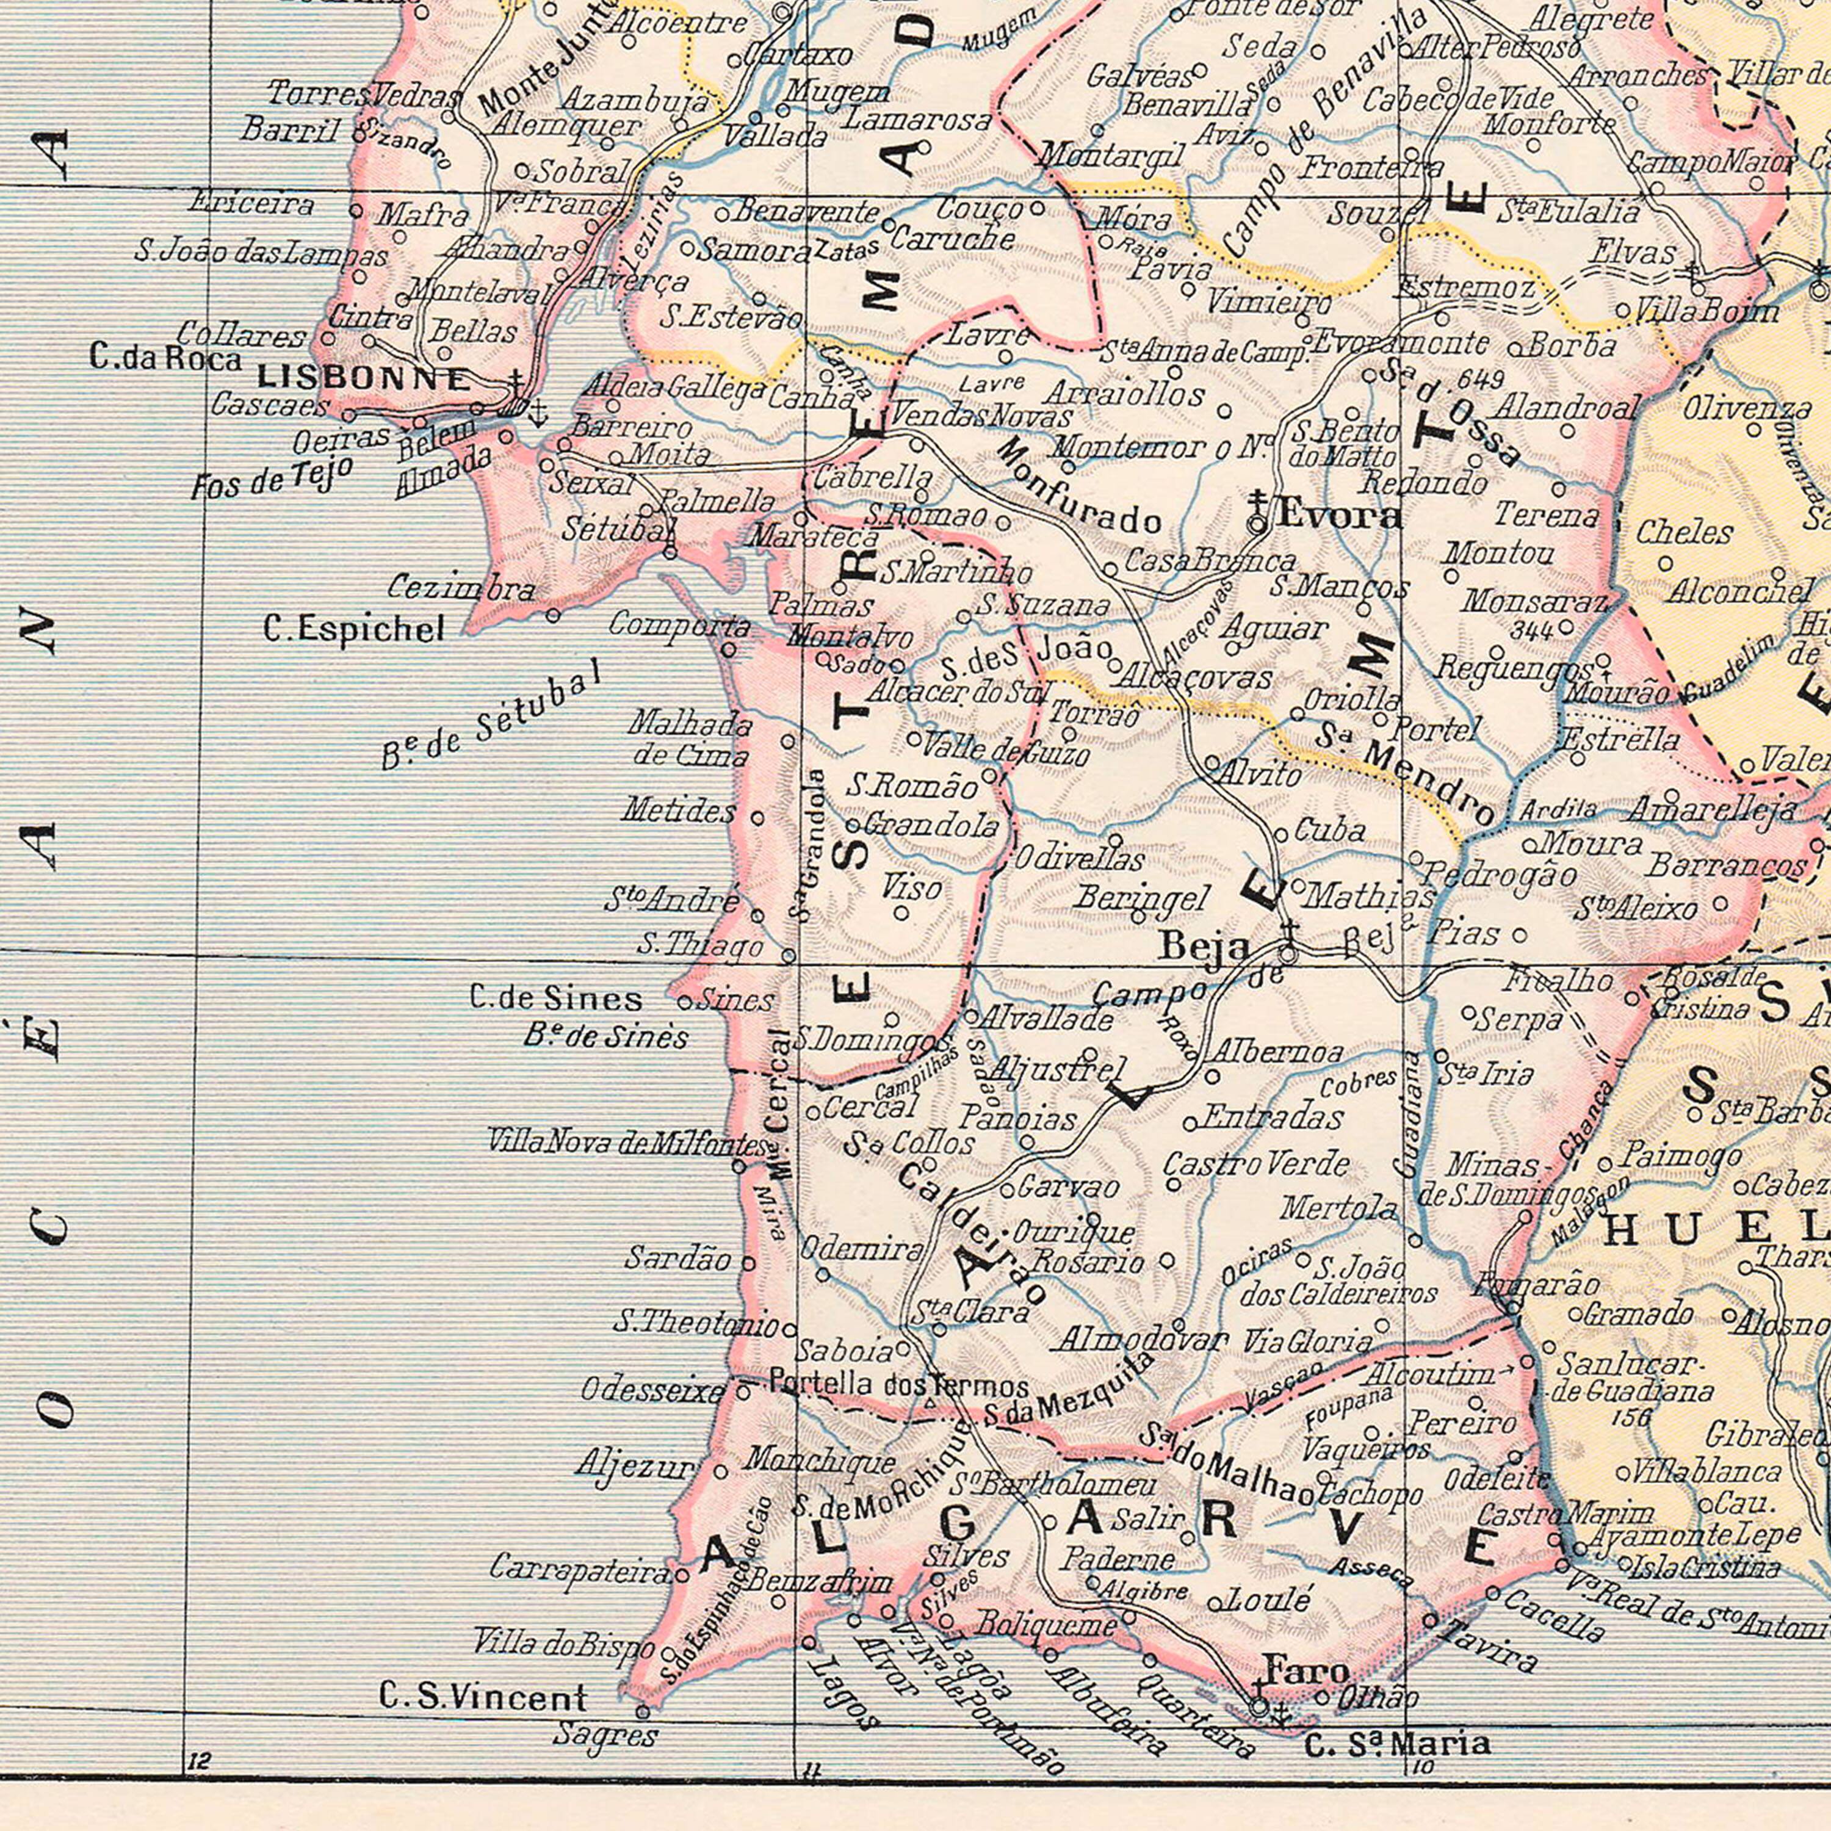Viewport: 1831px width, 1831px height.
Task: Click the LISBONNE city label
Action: point(365,379)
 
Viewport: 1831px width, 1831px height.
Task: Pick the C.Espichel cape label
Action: point(353,629)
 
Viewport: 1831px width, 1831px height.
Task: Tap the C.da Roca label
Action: point(166,357)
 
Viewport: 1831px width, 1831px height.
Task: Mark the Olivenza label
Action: point(1747,410)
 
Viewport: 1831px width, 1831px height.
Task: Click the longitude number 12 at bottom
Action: point(198,1735)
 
